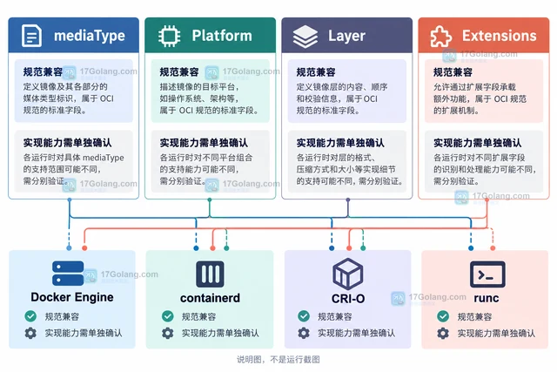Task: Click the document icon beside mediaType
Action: [x=31, y=36]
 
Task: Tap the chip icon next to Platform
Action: [x=169, y=36]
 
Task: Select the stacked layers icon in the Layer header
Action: [x=305, y=37]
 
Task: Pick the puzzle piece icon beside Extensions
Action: [x=441, y=37]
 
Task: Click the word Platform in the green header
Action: [x=222, y=36]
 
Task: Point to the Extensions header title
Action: [x=499, y=36]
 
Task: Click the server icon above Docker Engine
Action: [x=68, y=274]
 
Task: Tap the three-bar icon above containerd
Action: [x=210, y=274]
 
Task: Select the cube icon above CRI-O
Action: [x=348, y=274]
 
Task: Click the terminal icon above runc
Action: [x=487, y=274]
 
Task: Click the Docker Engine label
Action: [x=72, y=297]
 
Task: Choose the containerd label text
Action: [x=210, y=298]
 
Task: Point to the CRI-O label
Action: [x=348, y=298]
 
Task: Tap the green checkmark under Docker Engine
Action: [x=30, y=316]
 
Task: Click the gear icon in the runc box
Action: [x=443, y=334]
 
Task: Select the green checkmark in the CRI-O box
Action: [x=304, y=316]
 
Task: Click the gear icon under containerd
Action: [x=168, y=333]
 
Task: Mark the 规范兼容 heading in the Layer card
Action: [x=316, y=72]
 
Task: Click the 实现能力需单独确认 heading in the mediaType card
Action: [x=68, y=143]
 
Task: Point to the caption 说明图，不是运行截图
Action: [x=278, y=360]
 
